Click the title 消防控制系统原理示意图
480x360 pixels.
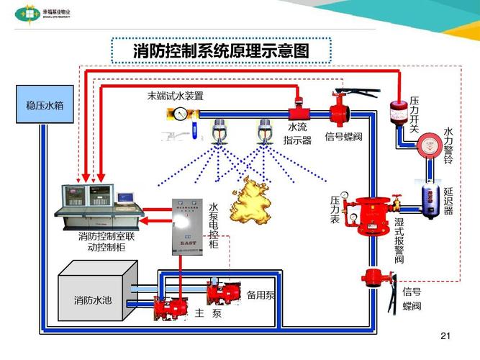222,51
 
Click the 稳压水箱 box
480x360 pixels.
45,106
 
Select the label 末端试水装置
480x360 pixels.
176,95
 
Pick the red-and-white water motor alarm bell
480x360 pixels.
429,145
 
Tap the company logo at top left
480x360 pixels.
30,12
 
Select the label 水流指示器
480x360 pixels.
297,134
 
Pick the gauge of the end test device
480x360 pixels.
178,112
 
